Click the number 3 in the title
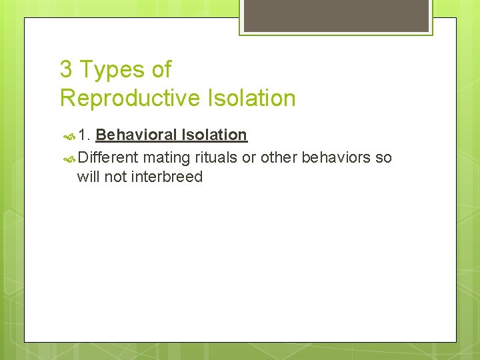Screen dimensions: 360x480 coord(65,69)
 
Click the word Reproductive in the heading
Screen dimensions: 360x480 coord(129,98)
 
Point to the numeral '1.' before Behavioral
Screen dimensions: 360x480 coord(84,135)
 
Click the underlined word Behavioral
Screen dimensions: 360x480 coord(137,135)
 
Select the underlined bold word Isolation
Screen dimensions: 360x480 coord(215,135)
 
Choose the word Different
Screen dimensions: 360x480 coord(107,157)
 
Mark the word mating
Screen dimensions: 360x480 coord(166,158)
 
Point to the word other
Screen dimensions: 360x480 coord(279,157)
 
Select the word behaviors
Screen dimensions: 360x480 coord(337,157)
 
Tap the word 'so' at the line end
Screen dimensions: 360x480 coord(384,158)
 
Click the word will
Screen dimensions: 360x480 coord(89,177)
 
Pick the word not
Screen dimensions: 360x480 coord(117,177)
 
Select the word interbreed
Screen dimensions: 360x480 coord(168,177)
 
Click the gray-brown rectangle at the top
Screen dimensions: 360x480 coord(335,15)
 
